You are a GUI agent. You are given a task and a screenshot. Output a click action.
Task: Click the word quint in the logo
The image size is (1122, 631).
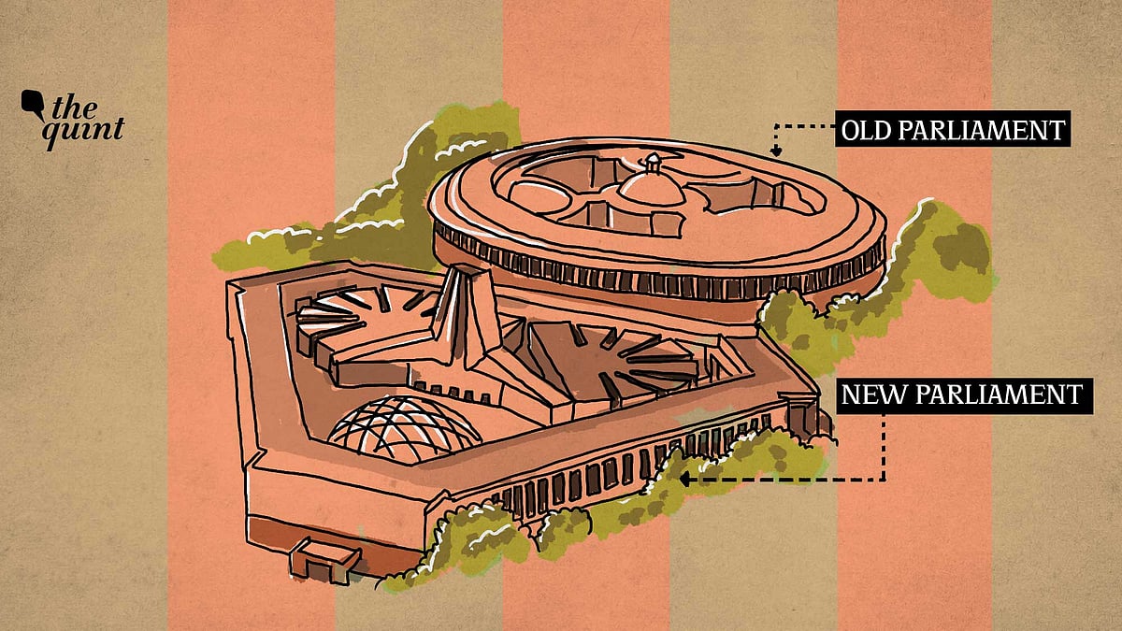(86, 129)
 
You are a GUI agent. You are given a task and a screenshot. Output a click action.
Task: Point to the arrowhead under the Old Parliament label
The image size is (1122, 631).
(774, 150)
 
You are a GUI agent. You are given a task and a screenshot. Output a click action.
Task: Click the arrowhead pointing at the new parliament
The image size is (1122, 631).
(684, 480)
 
